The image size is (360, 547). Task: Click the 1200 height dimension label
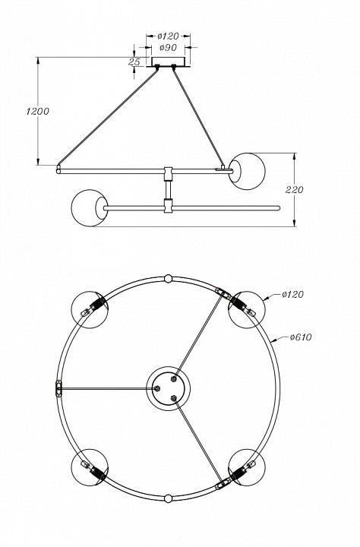[38, 112]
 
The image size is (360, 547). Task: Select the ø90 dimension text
[167, 47]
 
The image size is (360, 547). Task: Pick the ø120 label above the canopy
[167, 36]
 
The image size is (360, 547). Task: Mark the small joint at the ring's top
[168, 278]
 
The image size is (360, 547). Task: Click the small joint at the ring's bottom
[168, 499]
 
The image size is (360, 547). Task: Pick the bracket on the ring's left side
[58, 388]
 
